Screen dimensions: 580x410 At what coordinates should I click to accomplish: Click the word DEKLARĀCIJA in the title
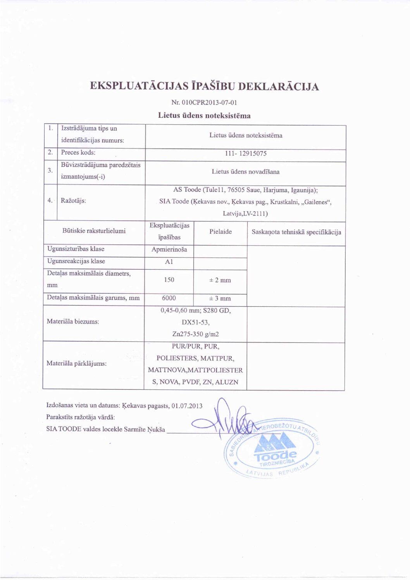pos(278,86)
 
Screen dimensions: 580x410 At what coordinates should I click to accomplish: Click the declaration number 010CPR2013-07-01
pos(209,103)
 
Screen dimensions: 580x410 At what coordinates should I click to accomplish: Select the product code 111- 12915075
pos(246,153)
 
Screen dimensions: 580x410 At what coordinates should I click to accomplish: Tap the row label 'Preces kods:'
pos(78,153)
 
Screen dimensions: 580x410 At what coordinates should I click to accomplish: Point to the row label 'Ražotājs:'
pos(73,201)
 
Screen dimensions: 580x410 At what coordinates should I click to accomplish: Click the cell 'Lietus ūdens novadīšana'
pos(245,172)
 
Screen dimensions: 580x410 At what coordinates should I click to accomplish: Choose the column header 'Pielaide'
pos(221,232)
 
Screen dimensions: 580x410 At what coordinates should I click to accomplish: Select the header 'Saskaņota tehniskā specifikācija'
pos(296,232)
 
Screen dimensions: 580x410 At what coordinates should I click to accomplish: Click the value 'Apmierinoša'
pos(169,250)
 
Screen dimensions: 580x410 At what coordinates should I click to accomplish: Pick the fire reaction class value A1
pos(169,262)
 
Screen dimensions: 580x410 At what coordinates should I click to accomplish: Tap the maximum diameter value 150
pos(169,280)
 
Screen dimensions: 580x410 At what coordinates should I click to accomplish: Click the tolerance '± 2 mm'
pos(220,280)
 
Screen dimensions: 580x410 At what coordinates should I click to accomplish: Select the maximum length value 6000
pos(169,298)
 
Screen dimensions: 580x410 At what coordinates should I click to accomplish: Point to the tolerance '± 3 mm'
pos(220,298)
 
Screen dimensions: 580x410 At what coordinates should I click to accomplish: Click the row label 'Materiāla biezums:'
pos(73,322)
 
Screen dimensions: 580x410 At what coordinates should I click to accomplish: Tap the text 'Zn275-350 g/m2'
pos(195,334)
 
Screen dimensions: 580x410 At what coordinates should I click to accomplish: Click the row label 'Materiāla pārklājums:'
pos(76,363)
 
